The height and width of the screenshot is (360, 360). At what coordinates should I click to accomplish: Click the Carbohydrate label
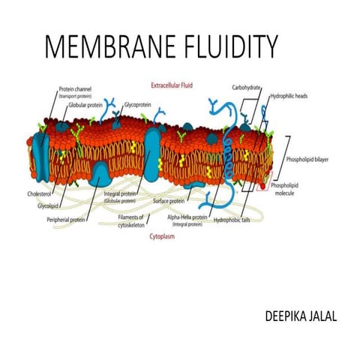(246, 88)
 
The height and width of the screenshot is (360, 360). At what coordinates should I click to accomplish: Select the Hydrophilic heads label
(289, 97)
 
